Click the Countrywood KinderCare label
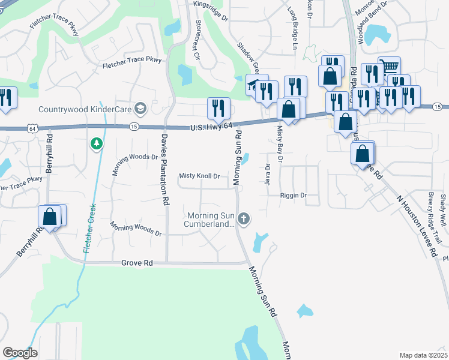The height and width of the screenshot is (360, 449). (85, 109)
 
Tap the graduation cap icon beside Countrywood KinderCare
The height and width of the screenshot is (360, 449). (140, 109)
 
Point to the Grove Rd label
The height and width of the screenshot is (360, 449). (137, 263)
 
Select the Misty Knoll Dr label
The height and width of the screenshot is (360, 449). (200, 176)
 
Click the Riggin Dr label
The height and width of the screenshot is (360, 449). (293, 196)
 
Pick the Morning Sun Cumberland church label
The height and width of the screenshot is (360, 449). (209, 220)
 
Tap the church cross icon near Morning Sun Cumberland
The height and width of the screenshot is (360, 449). (243, 219)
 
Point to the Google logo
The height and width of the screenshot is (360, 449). (20, 352)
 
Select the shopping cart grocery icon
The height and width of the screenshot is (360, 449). (390, 65)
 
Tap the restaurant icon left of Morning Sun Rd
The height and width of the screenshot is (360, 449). (218, 107)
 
